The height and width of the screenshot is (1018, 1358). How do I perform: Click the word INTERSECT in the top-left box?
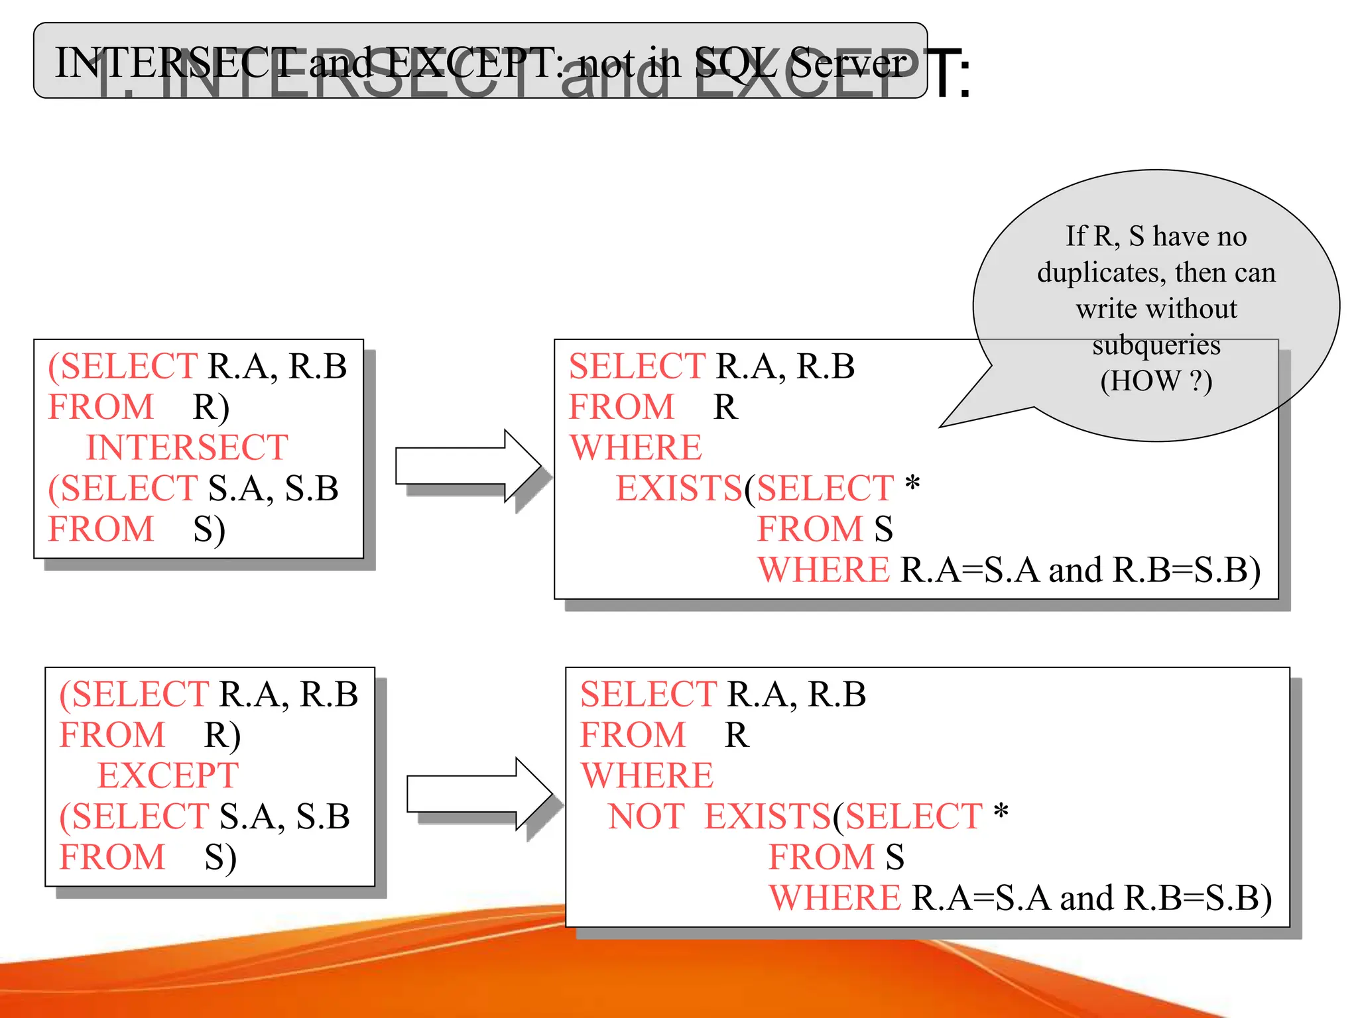click(187, 447)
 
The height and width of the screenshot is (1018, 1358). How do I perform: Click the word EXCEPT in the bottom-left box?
click(168, 775)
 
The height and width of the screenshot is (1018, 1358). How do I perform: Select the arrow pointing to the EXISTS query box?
click(467, 466)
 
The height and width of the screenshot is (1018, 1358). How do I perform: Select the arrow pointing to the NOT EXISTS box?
click(479, 793)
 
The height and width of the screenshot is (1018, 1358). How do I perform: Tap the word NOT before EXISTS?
click(647, 817)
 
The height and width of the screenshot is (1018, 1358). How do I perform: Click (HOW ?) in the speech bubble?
click(1156, 381)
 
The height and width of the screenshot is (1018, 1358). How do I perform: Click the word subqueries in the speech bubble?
click(1156, 345)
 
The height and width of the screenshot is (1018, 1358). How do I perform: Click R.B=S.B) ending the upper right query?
click(1186, 570)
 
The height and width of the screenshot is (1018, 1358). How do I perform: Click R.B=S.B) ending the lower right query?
click(1198, 898)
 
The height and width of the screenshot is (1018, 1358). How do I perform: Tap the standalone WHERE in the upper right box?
click(635, 447)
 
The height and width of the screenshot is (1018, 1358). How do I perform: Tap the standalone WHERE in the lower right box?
click(647, 775)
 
